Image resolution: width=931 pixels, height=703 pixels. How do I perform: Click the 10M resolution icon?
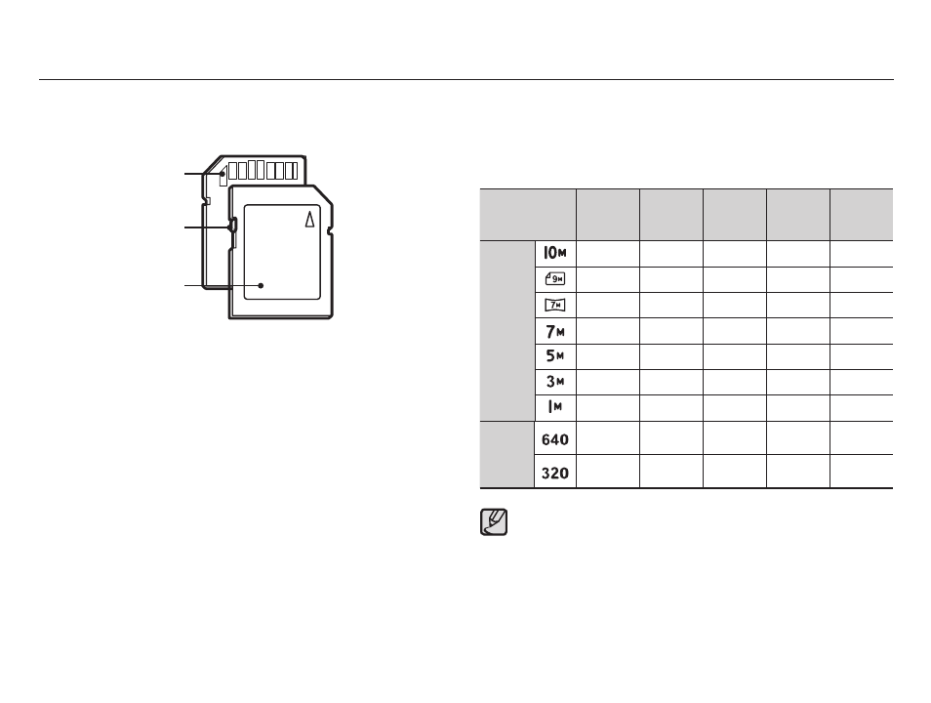(555, 253)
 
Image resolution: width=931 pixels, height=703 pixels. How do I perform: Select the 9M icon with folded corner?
(555, 278)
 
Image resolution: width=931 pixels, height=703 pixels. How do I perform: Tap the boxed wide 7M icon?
(555, 305)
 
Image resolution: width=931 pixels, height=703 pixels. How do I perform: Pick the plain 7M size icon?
(555, 331)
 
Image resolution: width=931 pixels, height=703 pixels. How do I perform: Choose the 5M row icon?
(555, 356)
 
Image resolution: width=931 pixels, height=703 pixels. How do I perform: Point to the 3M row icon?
(555, 382)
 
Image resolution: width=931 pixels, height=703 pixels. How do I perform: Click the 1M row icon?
(555, 407)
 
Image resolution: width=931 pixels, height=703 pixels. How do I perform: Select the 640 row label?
(555, 439)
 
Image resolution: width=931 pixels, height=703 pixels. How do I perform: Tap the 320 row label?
(555, 473)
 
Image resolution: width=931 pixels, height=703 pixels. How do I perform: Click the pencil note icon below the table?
(494, 522)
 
